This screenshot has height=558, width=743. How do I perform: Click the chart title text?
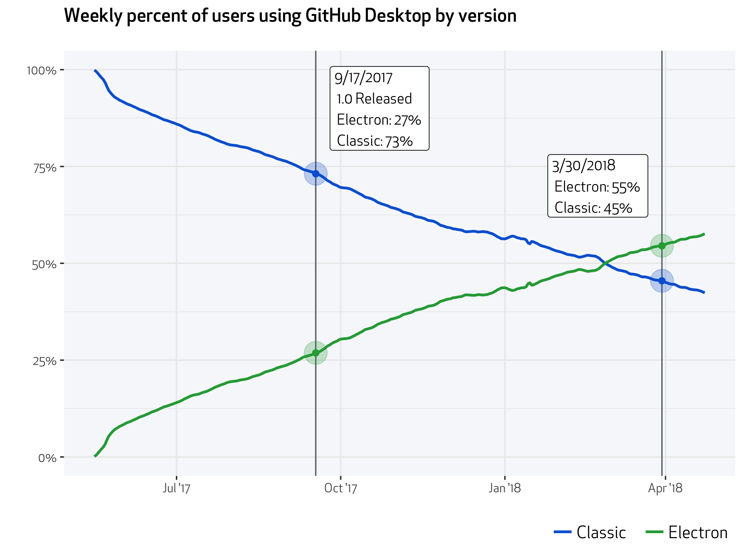(x=290, y=16)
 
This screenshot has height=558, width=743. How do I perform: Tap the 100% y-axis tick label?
(x=42, y=71)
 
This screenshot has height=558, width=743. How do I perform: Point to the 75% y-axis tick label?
(x=45, y=168)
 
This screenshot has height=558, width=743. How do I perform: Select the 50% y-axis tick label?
(x=44, y=265)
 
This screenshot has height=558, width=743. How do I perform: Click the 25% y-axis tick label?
(x=44, y=361)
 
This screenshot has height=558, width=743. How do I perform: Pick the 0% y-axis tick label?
(x=47, y=458)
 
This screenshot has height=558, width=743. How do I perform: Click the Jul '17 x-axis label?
(x=176, y=488)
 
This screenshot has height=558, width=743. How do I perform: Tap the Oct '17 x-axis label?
(x=341, y=488)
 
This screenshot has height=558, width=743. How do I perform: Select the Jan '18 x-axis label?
(x=505, y=488)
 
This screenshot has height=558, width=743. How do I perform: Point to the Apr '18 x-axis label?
(x=665, y=488)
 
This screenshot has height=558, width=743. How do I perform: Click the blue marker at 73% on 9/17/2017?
(x=315, y=174)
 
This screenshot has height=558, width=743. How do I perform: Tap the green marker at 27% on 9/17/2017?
(x=315, y=353)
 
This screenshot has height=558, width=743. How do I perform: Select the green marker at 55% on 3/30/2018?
(x=662, y=246)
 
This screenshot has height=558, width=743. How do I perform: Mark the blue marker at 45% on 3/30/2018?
(x=662, y=281)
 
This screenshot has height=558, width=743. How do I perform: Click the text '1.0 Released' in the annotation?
(x=374, y=99)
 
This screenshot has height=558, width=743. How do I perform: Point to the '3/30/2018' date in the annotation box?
(x=584, y=166)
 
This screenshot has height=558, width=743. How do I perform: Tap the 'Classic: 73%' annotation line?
(x=375, y=141)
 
